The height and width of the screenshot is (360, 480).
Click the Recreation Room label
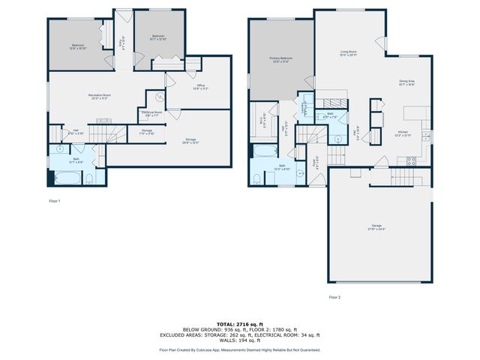100,96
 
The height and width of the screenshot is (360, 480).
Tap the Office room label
201,87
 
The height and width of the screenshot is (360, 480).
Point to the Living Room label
346,54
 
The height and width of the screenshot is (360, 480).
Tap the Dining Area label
407,83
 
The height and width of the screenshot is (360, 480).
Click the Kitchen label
403,135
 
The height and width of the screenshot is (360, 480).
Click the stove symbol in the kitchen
410,160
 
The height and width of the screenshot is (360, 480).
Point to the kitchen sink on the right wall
425,136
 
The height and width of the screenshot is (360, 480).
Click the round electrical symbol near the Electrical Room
159,97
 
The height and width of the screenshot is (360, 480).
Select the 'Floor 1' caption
54,202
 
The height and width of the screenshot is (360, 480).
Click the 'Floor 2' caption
334,297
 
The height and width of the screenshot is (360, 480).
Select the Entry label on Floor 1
122,44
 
